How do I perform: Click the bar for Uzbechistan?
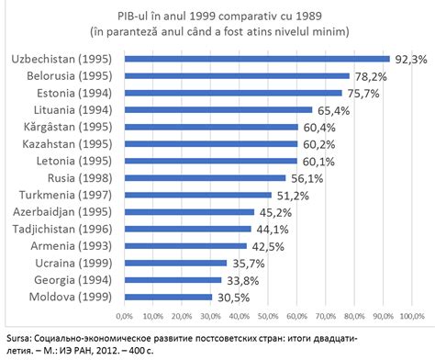click(x=257, y=59)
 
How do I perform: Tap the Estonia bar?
click(x=233, y=93)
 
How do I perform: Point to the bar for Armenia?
click(x=186, y=246)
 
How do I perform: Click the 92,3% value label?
click(x=409, y=59)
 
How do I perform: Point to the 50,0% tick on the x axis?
click(x=270, y=317)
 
